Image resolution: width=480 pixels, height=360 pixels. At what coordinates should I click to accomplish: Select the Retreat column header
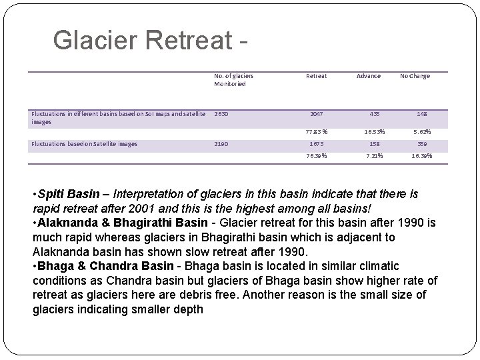point(316,76)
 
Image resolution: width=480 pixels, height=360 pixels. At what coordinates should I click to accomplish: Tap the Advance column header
point(368,76)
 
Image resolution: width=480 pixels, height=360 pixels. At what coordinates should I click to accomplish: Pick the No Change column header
point(415,76)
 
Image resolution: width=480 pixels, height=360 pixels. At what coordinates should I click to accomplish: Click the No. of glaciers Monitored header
point(233,80)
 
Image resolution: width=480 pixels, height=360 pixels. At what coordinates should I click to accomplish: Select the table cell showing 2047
point(316,114)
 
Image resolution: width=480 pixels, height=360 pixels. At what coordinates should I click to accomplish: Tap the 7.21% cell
point(373,156)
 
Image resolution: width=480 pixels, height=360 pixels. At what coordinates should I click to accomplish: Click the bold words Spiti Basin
point(67,194)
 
